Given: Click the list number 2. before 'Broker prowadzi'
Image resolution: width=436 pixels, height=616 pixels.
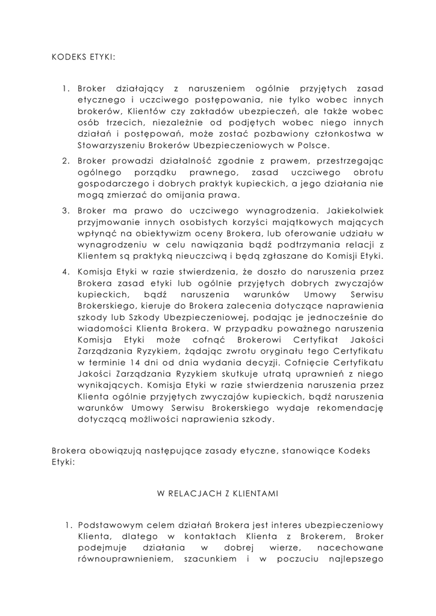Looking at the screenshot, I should (67, 162).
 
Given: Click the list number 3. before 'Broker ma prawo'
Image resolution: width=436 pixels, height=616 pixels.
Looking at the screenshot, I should (67, 211).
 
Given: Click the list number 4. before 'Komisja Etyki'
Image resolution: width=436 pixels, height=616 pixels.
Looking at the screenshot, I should (67, 272).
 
